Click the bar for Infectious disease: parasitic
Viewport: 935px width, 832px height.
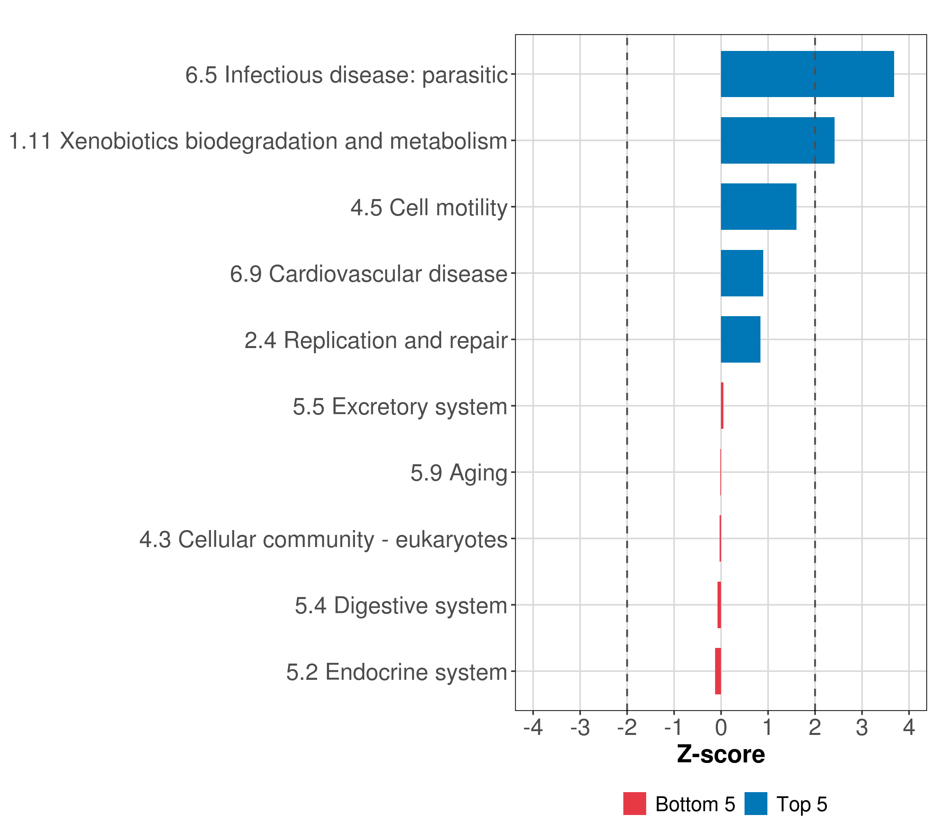click(807, 74)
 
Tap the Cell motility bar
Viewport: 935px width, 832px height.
click(758, 207)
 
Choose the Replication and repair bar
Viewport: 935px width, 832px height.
click(740, 339)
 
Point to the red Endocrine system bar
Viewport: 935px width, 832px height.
click(718, 671)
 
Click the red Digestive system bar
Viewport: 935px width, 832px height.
click(719, 605)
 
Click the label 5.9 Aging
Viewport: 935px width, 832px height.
click(458, 473)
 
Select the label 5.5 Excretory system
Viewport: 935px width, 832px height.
click(400, 407)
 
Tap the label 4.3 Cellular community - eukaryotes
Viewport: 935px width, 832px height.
click(323, 539)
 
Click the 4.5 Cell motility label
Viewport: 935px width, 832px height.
click(429, 207)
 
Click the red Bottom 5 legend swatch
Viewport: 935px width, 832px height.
click(634, 804)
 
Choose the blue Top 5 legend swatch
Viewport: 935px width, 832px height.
click(756, 804)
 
